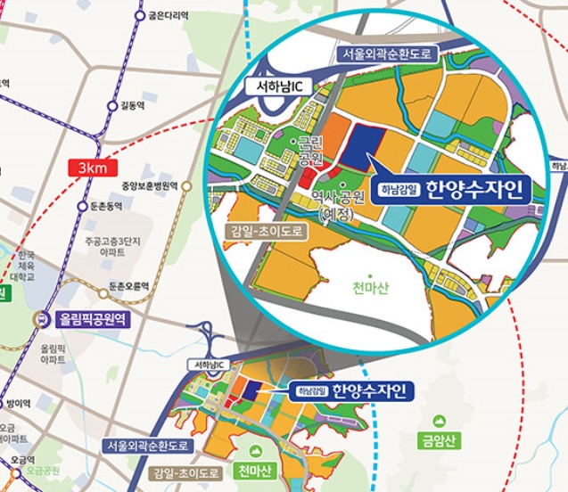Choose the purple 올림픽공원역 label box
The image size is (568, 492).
click(94, 318)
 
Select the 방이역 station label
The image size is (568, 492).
click(18, 404)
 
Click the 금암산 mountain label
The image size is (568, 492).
click(439, 439)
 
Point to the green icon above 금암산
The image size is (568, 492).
click(439, 420)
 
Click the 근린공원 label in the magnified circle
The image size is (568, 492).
click(309, 150)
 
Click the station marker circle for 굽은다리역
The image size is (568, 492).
click(139, 15)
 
